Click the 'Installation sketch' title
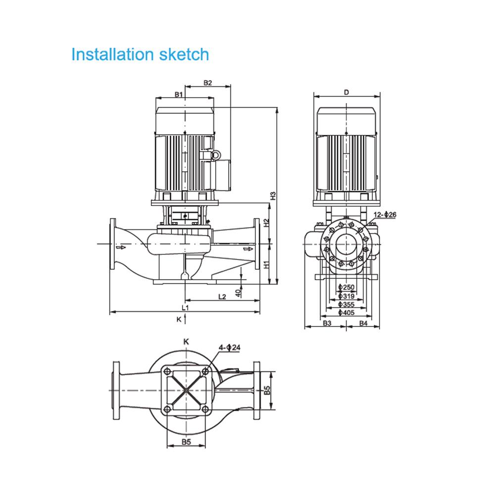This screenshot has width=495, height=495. point(140,54)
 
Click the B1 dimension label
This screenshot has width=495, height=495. point(179,94)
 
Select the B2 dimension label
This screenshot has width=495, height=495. point(207,83)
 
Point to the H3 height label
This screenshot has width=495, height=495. point(272,196)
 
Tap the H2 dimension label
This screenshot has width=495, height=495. point(266,223)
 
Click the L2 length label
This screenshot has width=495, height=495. point(222,297)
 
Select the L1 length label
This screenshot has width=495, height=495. point(185,307)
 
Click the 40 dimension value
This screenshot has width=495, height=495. point(238,293)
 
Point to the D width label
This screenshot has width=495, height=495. point(347,92)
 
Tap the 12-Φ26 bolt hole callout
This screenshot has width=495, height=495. point(386,214)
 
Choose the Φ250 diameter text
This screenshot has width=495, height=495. point(346,288)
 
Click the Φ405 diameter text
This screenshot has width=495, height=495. point(346,312)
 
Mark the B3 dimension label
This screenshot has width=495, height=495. point(327,323)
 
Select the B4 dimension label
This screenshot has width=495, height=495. point(363,323)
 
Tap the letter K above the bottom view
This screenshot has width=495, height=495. point(186,341)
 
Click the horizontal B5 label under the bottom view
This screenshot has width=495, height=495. point(186,442)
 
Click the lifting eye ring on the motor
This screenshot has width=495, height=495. point(215,155)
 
